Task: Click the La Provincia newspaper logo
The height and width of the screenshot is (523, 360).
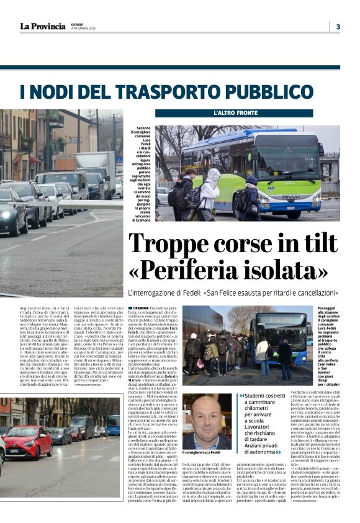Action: [42, 26]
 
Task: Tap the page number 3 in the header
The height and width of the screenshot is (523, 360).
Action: [338, 26]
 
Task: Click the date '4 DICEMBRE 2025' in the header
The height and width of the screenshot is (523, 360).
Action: [84, 29]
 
